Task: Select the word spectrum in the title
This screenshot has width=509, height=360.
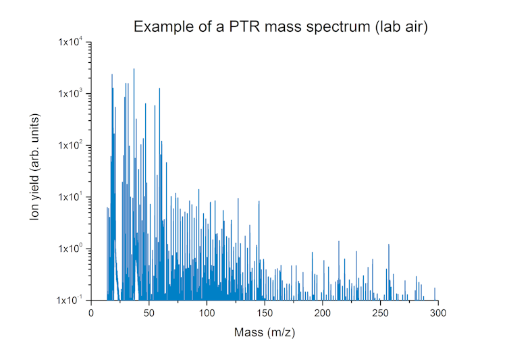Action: tap(329, 27)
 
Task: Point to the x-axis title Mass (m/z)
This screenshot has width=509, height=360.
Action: tap(264, 332)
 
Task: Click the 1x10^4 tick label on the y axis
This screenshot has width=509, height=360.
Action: tap(71, 43)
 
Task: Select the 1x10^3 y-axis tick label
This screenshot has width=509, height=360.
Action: tap(71, 94)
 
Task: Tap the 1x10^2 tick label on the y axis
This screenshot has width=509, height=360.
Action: tap(71, 145)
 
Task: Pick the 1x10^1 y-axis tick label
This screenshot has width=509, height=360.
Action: tap(71, 197)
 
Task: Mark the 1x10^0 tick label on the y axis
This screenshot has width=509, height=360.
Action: tap(71, 249)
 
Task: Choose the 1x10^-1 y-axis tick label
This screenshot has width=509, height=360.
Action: tap(71, 300)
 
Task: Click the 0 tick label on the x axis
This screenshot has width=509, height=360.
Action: tap(91, 313)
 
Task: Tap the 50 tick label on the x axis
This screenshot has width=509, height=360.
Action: tap(149, 313)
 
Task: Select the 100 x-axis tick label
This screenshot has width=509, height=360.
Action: tap(207, 313)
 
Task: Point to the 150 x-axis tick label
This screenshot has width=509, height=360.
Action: tap(265, 313)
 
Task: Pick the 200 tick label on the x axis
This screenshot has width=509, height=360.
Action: tap(323, 313)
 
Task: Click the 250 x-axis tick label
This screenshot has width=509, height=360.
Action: tap(380, 313)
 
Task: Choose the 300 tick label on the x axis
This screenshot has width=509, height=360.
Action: tap(438, 313)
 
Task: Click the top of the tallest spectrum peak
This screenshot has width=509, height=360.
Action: tap(134, 69)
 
